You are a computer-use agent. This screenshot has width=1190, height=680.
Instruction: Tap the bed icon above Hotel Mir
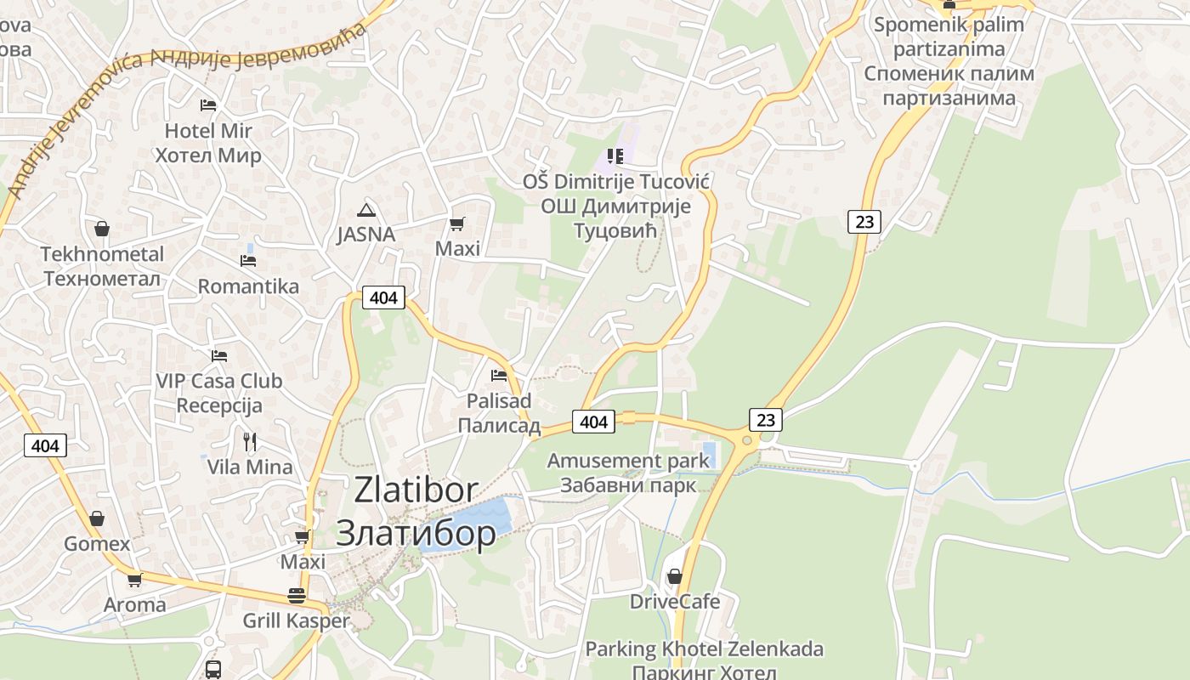pos(208,105)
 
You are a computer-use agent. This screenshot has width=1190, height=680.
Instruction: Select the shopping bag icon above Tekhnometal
pos(102,229)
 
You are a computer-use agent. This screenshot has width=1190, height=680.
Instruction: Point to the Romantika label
pos(248,286)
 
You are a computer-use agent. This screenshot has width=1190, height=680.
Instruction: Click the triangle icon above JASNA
pos(366,210)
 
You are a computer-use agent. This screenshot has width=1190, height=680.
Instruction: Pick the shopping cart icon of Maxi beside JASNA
pos(457,224)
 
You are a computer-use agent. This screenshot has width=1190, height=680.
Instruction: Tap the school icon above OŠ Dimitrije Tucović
pos(615,156)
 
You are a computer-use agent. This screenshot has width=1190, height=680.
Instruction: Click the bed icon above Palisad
pos(499,375)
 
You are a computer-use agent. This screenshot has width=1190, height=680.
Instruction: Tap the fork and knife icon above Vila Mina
pos(250,442)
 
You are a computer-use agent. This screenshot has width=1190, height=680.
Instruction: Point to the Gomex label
pos(97,544)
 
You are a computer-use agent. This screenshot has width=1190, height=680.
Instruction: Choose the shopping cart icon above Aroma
pos(134,581)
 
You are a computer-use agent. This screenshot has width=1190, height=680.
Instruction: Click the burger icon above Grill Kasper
pos(296,595)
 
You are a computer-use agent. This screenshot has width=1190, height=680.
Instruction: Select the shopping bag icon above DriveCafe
pos(674,577)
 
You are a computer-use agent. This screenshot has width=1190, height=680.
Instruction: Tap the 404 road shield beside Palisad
pos(593,422)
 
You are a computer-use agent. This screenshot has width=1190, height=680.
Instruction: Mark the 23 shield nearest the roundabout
pos(766,419)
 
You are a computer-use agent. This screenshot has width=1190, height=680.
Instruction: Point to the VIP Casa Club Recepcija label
pos(219,393)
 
